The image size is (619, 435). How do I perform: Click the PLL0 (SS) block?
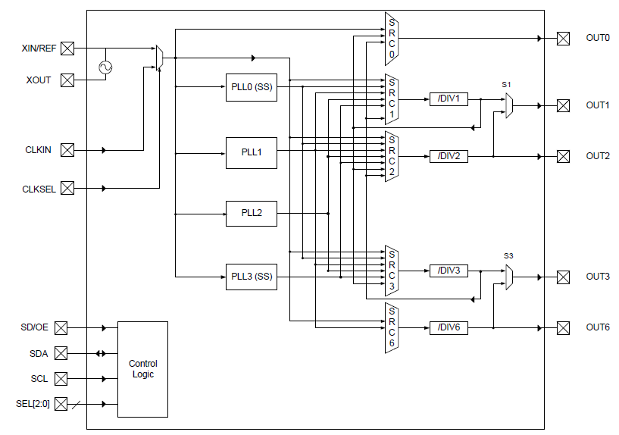pyautogui.click(x=251, y=86)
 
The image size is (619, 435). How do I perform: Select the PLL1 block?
pyautogui.click(x=251, y=153)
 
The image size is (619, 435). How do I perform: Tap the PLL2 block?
pyautogui.click(x=251, y=213)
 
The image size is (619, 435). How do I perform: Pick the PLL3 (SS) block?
pyautogui.click(x=251, y=277)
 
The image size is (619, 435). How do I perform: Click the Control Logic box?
pyautogui.click(x=142, y=369)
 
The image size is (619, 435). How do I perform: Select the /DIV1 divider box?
pyautogui.click(x=449, y=99)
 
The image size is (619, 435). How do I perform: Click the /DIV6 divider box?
pyautogui.click(x=449, y=327)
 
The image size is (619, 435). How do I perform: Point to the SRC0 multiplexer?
pyautogui.click(x=392, y=38)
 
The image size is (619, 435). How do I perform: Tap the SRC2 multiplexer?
pyautogui.click(x=392, y=155)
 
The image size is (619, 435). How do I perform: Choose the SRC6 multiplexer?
pyautogui.click(x=392, y=327)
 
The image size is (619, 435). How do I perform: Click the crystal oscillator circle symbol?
pyautogui.click(x=105, y=67)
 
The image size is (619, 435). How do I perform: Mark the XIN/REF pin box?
pyautogui.click(x=67, y=49)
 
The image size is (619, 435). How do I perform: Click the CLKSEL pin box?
pyautogui.click(x=67, y=188)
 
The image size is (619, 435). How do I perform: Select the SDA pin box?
pyautogui.click(x=61, y=353)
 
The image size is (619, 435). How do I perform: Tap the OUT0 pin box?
pyautogui.click(x=563, y=38)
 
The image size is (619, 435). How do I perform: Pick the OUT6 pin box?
pyautogui.click(x=563, y=327)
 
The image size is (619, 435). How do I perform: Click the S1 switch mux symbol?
pyautogui.click(x=510, y=105)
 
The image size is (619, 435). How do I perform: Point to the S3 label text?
pyautogui.click(x=508, y=255)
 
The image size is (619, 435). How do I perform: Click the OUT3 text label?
pyautogui.click(x=597, y=277)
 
